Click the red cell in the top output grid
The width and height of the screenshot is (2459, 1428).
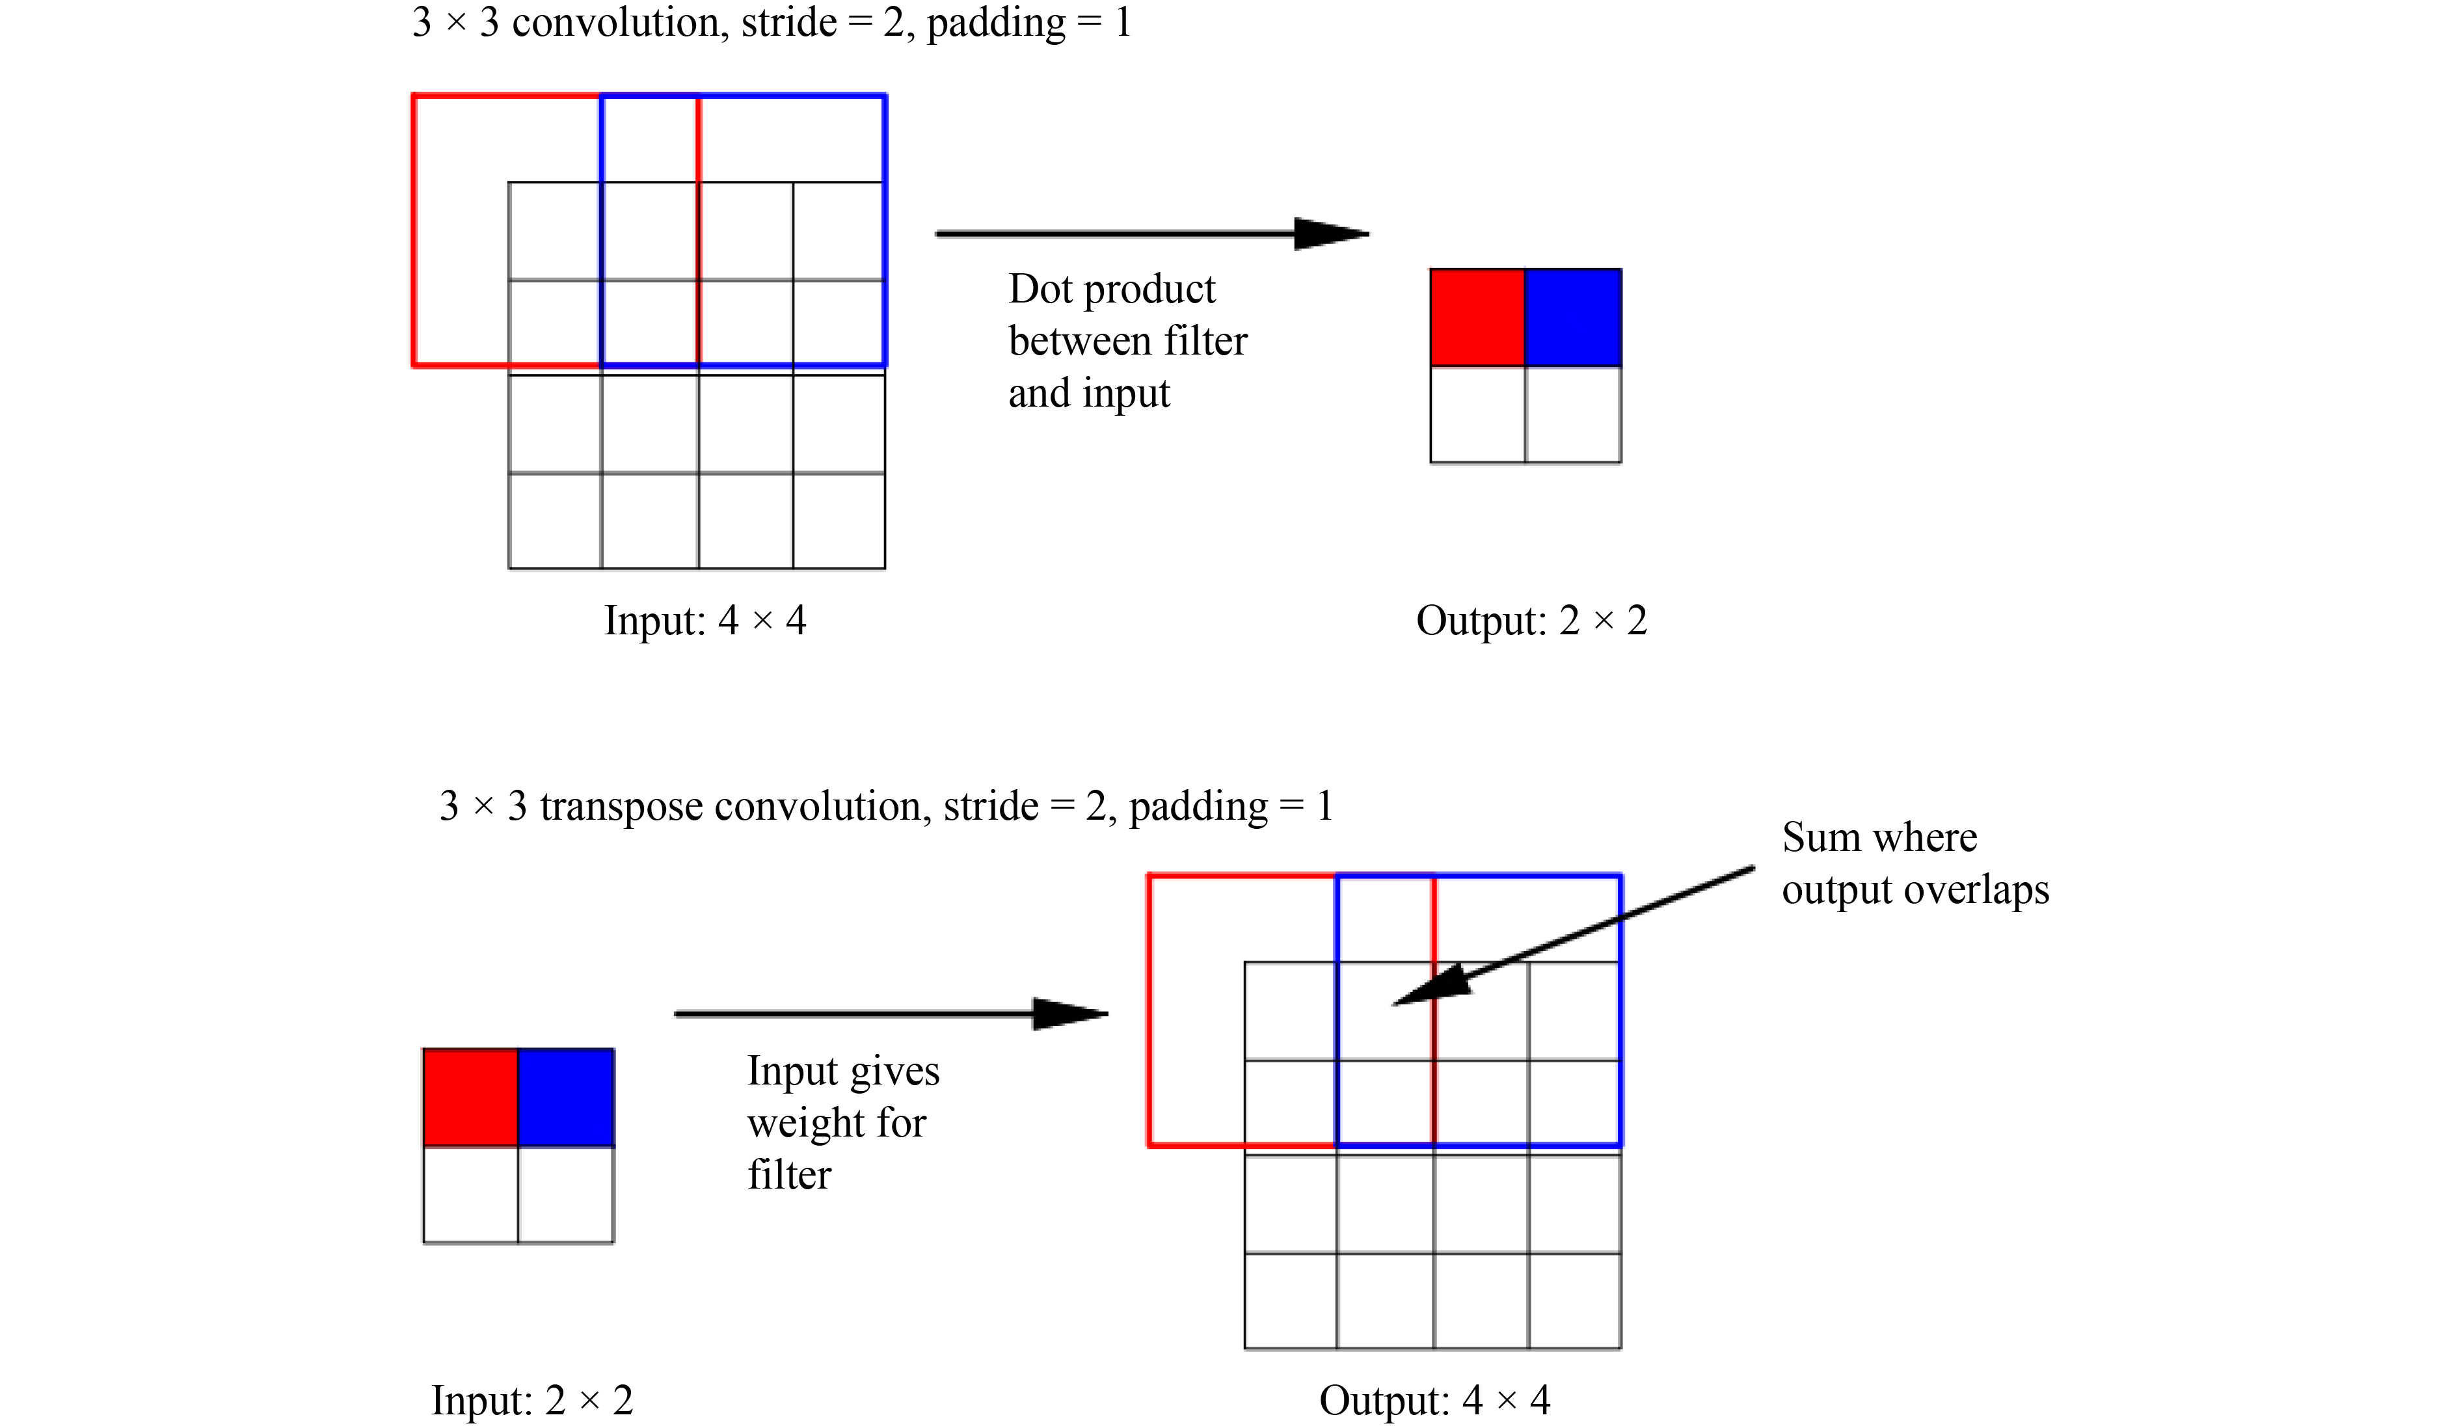point(1477,318)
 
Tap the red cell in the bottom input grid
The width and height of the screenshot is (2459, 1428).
point(470,1097)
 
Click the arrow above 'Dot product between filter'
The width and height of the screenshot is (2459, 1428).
point(1151,234)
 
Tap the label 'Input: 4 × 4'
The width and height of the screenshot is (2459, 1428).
point(705,621)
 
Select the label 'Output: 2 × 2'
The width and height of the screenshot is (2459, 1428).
point(1531,621)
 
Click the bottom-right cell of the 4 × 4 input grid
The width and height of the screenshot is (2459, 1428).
point(839,520)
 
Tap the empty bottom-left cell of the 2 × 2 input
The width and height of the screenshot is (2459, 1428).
point(470,1194)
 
